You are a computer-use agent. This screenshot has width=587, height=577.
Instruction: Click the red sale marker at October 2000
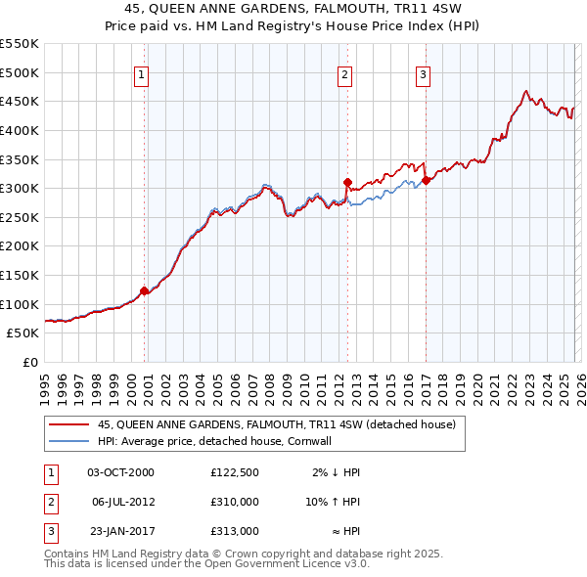point(144,290)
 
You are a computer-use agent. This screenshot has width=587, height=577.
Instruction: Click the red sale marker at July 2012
point(347,182)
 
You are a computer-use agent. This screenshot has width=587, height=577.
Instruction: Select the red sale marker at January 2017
point(427,180)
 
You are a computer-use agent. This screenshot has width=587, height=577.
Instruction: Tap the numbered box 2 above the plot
point(345,73)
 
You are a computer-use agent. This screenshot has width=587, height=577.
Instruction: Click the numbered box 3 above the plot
point(424,73)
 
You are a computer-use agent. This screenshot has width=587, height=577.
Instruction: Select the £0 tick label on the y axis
point(29,362)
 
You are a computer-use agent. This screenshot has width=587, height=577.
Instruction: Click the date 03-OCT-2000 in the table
point(120,472)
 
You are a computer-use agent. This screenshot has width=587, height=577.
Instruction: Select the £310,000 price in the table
point(235,502)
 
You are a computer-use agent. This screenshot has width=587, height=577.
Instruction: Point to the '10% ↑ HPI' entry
point(333,502)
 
